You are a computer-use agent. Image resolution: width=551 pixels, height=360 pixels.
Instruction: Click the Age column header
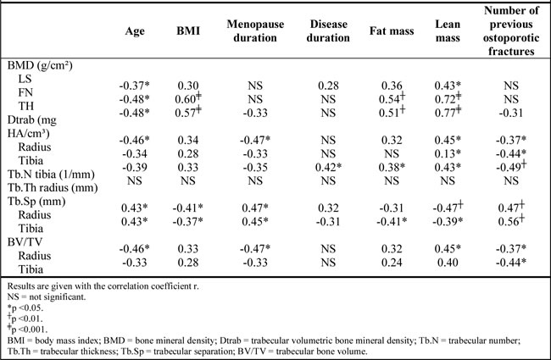(135, 30)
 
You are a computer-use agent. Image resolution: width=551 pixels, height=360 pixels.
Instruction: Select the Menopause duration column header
(255, 30)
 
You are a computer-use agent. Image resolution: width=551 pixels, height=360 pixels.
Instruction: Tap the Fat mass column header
(392, 30)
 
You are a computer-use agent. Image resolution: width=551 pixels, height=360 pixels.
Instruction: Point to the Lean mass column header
(448, 30)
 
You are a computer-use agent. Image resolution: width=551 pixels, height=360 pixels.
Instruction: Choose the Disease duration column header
(328, 30)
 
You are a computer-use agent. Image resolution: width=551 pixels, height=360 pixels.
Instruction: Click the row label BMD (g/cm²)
(40, 65)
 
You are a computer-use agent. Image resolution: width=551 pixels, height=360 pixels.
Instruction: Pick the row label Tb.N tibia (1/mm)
(51, 174)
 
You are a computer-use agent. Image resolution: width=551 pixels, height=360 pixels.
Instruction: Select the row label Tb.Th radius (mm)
(53, 188)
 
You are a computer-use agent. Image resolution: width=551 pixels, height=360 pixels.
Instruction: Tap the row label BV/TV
(25, 242)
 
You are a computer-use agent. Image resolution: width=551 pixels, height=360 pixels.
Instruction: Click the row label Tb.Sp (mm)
(36, 202)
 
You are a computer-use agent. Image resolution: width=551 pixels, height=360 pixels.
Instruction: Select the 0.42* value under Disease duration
(328, 167)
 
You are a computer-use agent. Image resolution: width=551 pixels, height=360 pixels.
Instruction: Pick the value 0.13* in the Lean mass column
(448, 153)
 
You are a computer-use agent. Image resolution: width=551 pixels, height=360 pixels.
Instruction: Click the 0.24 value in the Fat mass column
(392, 263)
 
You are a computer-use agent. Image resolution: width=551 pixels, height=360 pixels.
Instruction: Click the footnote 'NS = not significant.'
(47, 297)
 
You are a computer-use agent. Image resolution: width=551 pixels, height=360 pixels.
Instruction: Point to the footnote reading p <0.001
(27, 330)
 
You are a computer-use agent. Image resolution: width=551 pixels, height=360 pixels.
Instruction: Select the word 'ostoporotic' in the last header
(511, 38)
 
